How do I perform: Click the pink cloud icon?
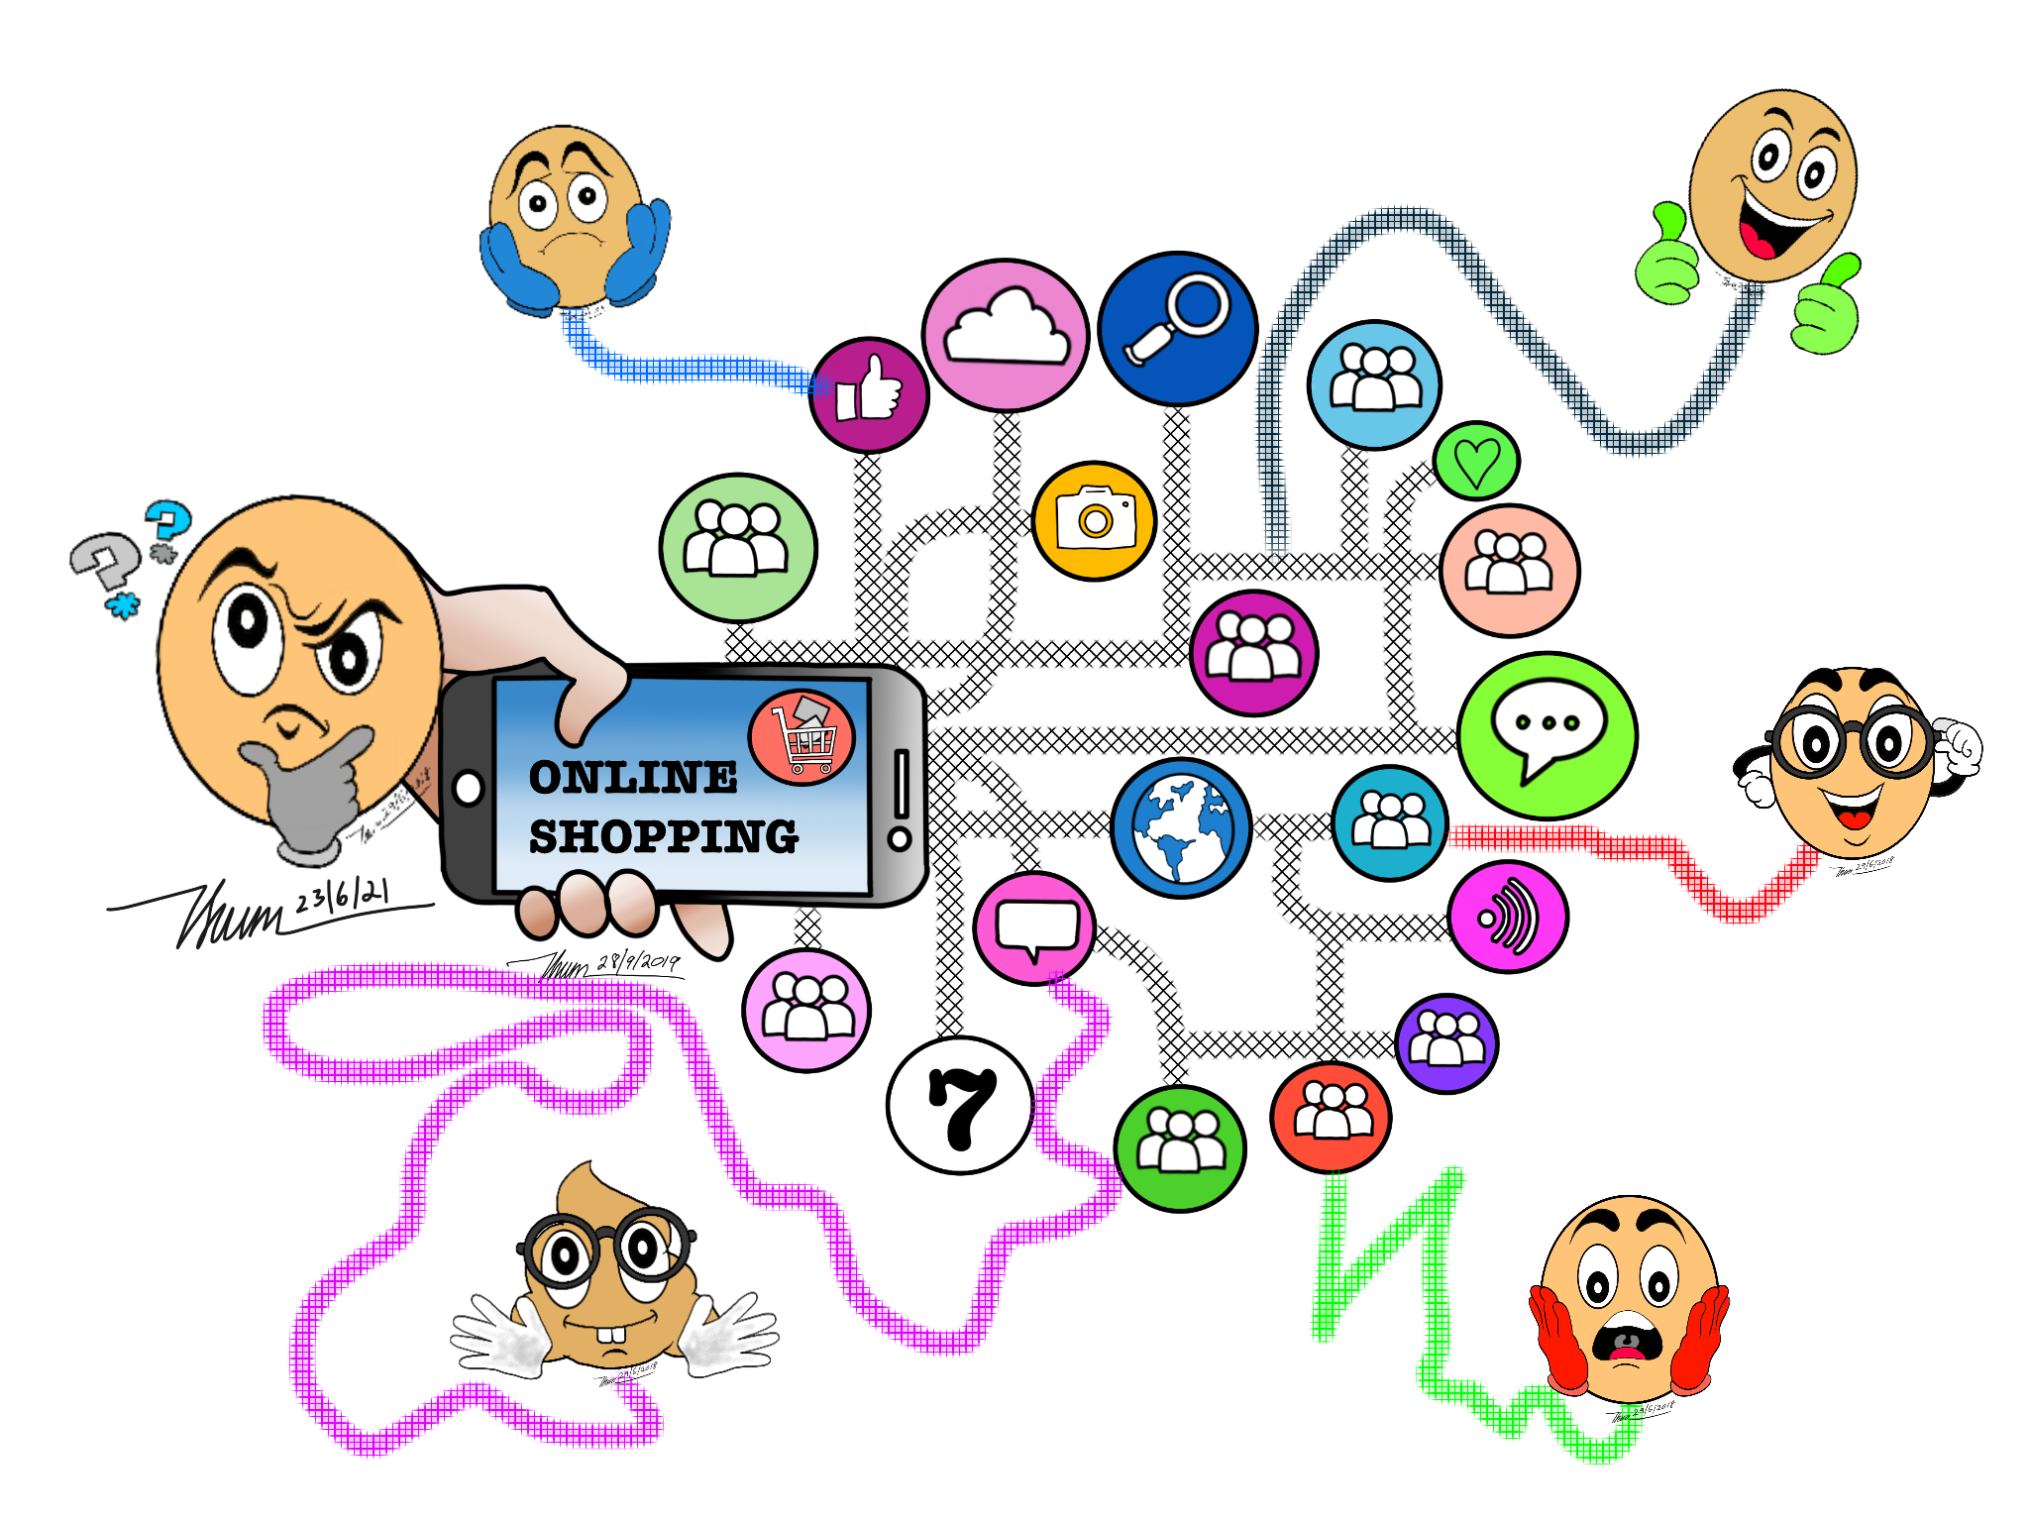click(1006, 335)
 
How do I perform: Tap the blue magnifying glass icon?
click(1178, 328)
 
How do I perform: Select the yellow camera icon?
click(1095, 520)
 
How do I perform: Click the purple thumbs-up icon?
click(869, 394)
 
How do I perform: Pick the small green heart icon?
click(1476, 462)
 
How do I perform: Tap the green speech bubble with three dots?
click(1547, 734)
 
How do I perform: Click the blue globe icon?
click(1181, 827)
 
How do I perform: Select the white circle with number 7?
click(960, 1105)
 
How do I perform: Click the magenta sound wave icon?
click(1508, 918)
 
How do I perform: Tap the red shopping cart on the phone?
click(802, 737)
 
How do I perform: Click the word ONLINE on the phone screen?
click(633, 778)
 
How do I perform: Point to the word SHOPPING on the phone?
click(663, 837)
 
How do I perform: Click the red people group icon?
click(1331, 1116)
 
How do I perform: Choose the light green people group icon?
click(738, 547)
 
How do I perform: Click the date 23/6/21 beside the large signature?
click(342, 896)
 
